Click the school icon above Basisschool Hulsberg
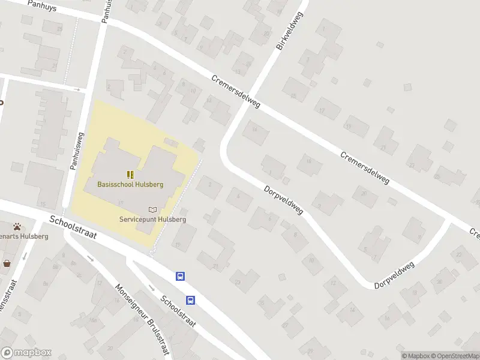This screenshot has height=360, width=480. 130,175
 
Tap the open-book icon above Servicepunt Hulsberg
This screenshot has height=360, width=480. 152,209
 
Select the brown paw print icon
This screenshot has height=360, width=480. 19,227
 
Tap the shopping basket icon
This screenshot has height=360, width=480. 7,263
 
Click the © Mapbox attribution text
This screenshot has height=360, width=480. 415,356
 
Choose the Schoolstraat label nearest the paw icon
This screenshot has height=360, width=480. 73,227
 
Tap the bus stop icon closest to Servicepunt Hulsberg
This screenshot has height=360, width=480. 180,276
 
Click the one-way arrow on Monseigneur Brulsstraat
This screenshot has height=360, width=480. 91,259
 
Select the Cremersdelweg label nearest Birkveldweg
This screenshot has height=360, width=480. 236,92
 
